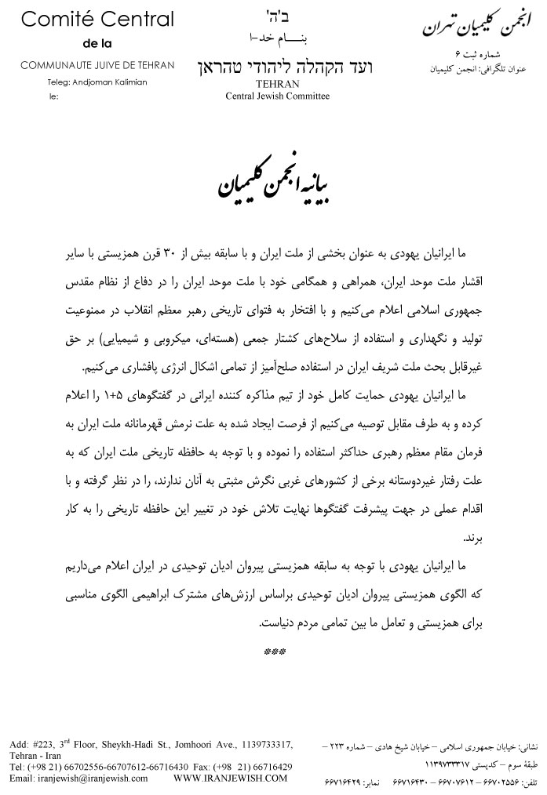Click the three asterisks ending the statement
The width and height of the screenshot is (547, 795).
pyautogui.click(x=274, y=652)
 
